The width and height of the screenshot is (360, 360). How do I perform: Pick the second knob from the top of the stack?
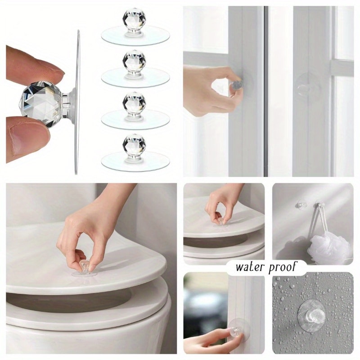pos(135,61)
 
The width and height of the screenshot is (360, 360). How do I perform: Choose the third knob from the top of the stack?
pos(135,103)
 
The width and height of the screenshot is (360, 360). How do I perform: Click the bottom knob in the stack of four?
pos(135,144)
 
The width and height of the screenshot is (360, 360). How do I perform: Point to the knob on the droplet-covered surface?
pos(313,316)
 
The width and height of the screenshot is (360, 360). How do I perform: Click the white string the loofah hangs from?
pos(321,223)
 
